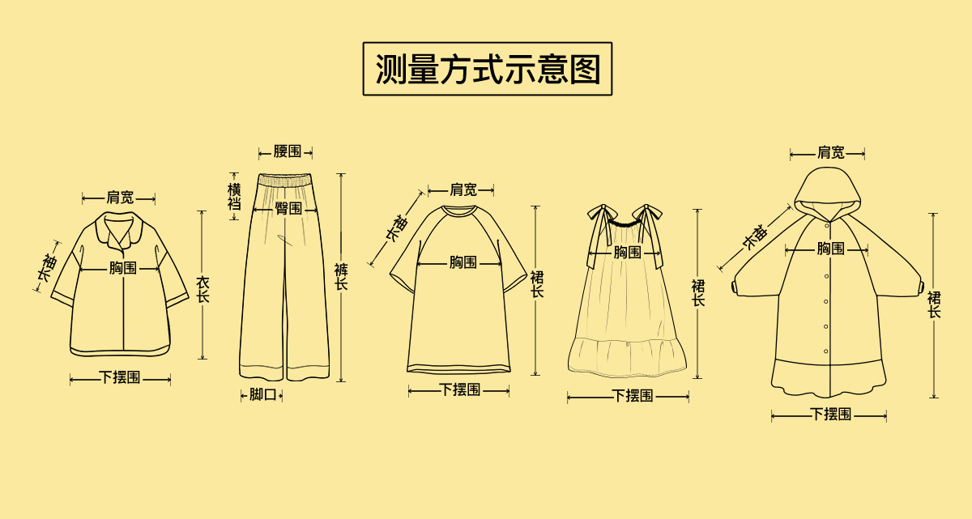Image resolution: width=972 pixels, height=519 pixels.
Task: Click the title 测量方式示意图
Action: [487, 69]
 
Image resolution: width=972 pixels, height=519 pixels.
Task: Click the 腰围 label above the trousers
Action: [287, 151]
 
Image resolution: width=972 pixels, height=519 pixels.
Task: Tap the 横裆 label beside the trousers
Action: [234, 197]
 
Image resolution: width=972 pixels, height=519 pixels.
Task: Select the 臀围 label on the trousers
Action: [288, 208]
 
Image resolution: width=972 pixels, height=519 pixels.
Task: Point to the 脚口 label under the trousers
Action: [262, 394]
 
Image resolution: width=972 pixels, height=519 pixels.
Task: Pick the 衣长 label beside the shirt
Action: [202, 289]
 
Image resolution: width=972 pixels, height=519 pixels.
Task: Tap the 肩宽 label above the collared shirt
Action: [120, 198]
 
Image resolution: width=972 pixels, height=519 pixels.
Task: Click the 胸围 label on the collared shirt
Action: [123, 268]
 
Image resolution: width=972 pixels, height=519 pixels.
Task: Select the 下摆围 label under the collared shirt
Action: [120, 377]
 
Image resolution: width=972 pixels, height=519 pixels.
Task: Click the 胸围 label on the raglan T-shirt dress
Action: [463, 262]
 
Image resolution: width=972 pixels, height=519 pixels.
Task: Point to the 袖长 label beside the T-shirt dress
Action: [396, 229]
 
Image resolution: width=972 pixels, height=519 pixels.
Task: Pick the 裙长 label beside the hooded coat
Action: [934, 304]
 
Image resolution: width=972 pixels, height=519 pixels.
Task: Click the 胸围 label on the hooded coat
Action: [830, 249]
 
